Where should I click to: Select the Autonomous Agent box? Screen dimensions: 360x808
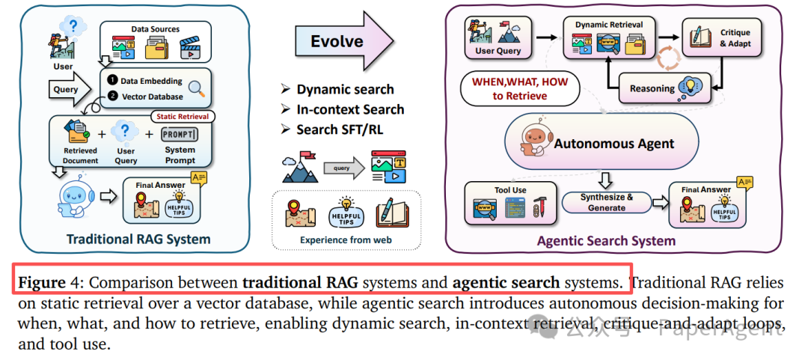(602, 143)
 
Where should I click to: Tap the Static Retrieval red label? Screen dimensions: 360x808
(183, 116)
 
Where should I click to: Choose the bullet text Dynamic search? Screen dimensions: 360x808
(345, 89)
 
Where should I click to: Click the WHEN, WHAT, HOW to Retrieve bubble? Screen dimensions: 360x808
(520, 88)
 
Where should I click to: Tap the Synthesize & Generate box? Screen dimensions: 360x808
(606, 202)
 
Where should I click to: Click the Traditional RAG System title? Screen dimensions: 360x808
(138, 240)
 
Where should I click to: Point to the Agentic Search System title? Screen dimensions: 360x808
(606, 241)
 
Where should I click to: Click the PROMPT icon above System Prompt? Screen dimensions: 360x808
(180, 135)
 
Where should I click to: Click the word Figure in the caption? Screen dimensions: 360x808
(42, 283)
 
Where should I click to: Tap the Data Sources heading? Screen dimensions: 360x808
(156, 29)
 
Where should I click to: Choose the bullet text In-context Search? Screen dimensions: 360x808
(350, 109)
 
